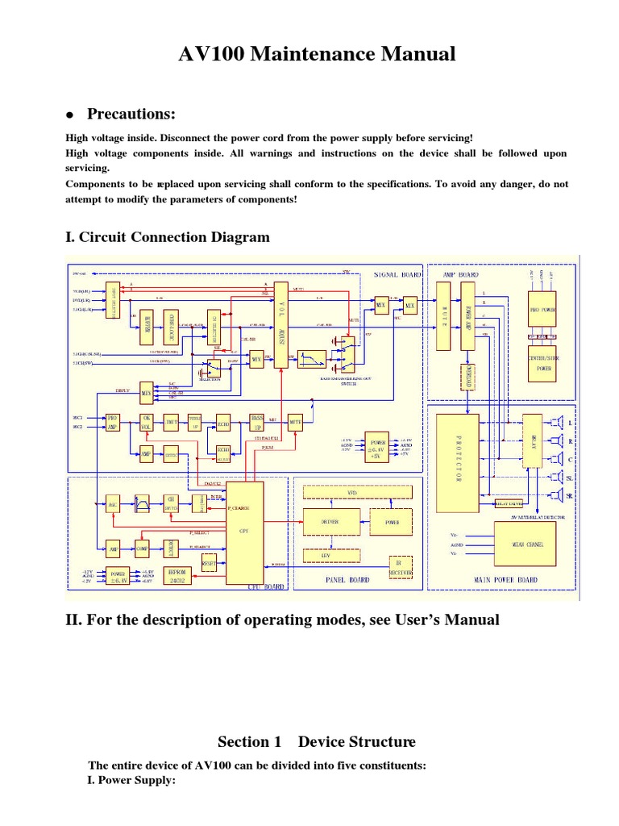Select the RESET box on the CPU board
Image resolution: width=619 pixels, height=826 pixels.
pyautogui.click(x=209, y=561)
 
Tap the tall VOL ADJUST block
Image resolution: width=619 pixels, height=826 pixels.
pyautogui.click(x=282, y=324)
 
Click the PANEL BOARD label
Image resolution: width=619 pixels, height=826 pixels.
pyautogui.click(x=347, y=579)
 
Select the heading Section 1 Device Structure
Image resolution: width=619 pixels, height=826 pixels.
pyautogui.click(x=317, y=741)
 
